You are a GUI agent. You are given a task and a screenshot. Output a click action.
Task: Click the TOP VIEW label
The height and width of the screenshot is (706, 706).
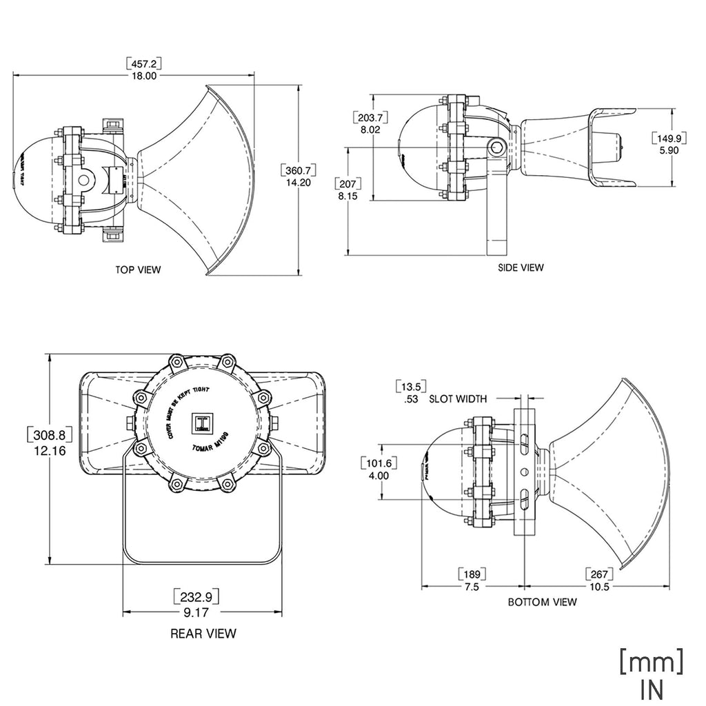(138, 270)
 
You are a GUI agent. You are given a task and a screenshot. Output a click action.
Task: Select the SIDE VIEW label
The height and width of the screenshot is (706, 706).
(521, 267)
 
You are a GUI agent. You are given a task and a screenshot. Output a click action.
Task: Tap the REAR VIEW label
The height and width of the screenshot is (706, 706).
(203, 633)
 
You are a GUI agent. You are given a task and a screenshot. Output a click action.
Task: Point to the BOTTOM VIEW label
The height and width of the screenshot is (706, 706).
(542, 602)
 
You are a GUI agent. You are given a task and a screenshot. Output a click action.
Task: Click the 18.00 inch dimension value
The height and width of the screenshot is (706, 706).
(144, 76)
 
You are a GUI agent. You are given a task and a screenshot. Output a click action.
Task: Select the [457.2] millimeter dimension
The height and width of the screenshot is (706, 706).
(144, 63)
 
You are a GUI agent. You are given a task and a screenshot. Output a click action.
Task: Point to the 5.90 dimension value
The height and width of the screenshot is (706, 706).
(669, 150)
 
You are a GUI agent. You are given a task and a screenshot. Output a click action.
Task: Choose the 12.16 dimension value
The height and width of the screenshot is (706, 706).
(48, 450)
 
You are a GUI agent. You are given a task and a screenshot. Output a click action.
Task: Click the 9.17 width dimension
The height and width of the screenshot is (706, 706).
(202, 611)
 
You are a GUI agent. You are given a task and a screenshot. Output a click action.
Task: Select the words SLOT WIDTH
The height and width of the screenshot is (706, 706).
(458, 399)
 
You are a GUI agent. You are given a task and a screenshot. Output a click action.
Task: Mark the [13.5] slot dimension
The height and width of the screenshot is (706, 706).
(410, 386)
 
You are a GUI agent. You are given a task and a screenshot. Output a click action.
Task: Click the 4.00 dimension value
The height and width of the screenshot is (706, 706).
(379, 475)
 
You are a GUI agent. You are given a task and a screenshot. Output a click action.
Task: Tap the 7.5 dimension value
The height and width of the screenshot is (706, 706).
(472, 587)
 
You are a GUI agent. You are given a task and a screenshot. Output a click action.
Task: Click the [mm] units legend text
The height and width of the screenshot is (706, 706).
(652, 663)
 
